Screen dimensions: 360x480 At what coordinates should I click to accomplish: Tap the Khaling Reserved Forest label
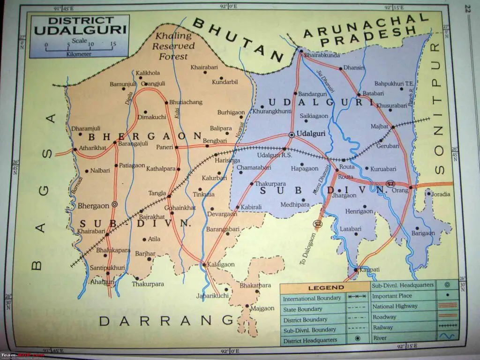[x=173, y=46]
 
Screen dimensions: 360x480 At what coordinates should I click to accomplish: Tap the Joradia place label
[x=441, y=194]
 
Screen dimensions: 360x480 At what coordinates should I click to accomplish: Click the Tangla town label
[x=157, y=193]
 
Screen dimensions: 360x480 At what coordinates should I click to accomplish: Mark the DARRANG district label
[x=166, y=321]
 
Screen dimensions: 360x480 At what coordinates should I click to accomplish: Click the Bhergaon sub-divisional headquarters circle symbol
[x=115, y=205]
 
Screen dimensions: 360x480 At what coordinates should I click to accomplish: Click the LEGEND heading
[x=326, y=288]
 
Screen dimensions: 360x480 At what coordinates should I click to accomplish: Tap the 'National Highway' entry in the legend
[x=394, y=306]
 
